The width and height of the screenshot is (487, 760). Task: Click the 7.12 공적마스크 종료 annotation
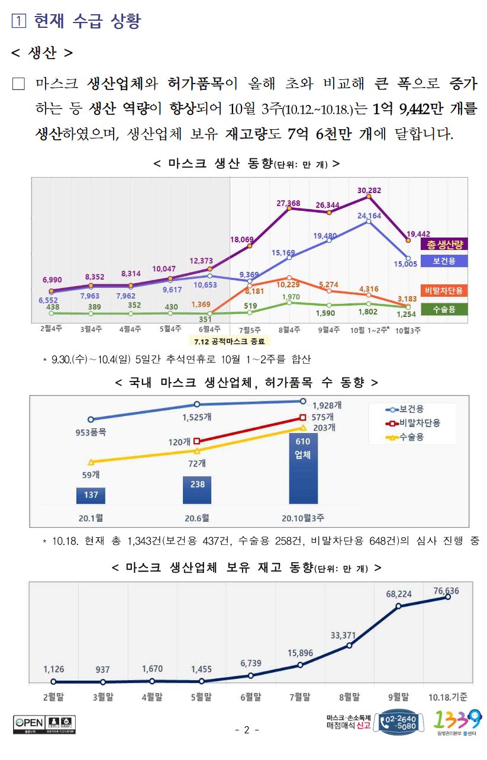(228, 341)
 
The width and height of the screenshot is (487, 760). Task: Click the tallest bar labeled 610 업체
(303, 468)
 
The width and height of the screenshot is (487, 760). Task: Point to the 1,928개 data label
(327, 406)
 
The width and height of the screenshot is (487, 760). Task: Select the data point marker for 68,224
(398, 606)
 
